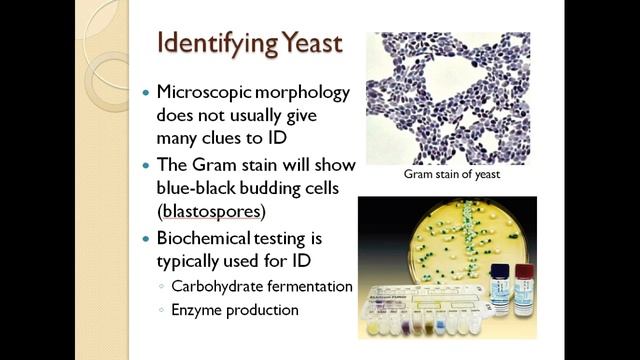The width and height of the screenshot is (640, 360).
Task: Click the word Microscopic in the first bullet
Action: (205, 92)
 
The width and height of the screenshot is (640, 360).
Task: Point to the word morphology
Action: (300, 92)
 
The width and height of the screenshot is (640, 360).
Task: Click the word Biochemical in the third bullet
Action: (204, 239)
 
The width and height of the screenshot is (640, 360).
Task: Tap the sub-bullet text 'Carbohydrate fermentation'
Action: (262, 286)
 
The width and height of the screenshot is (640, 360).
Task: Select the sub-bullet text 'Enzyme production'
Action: (235, 310)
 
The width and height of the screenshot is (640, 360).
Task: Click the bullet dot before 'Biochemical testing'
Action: (146, 239)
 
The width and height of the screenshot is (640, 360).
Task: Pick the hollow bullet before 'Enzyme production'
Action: (163, 310)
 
